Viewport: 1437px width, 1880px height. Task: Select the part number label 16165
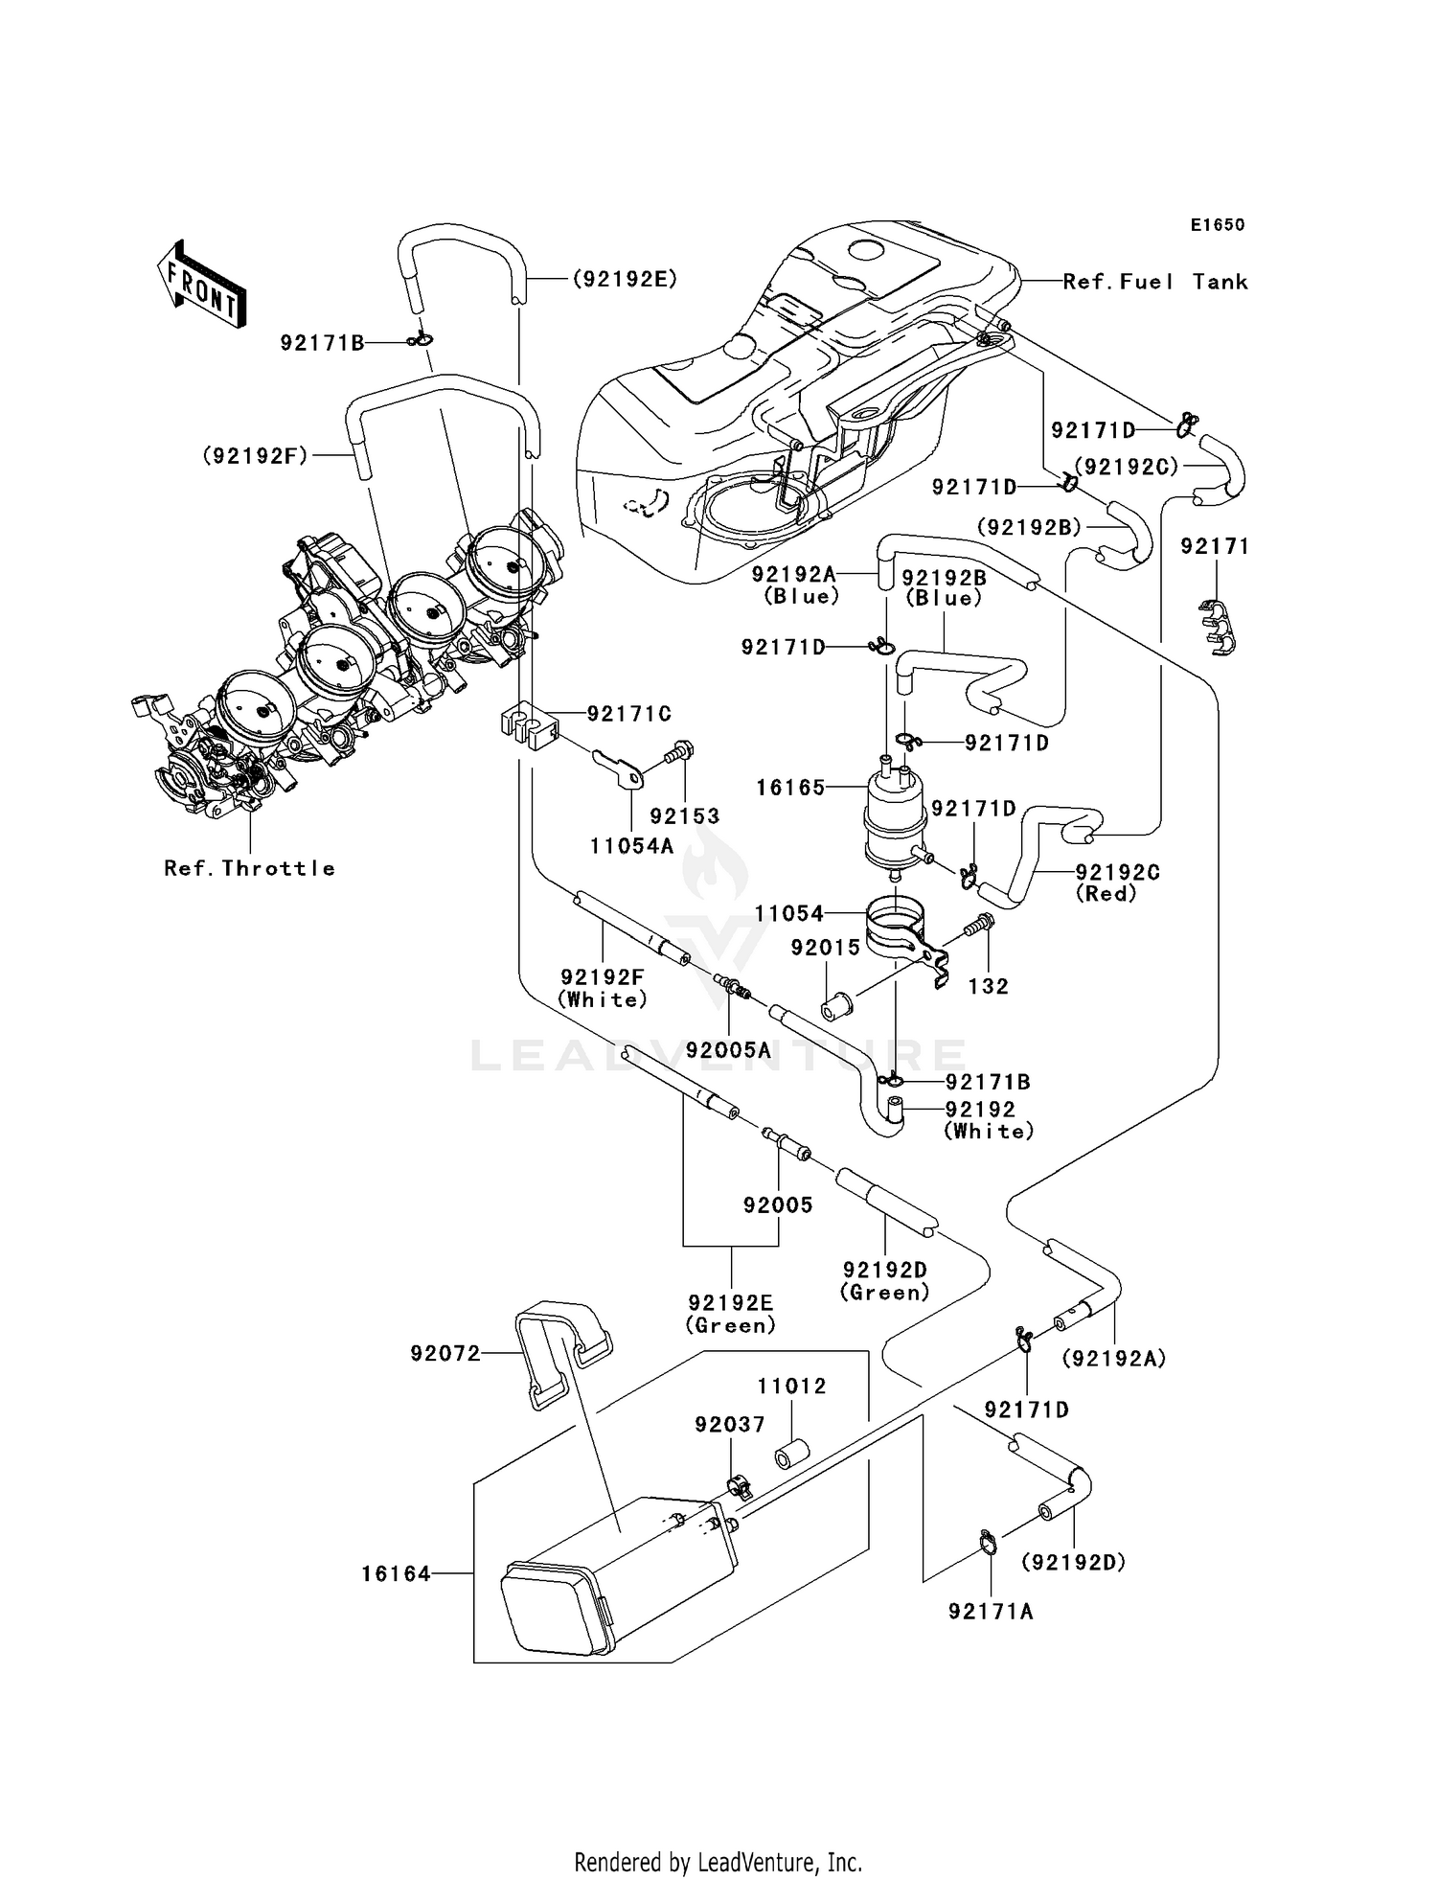pos(789,788)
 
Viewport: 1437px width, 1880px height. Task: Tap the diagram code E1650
pos(1217,225)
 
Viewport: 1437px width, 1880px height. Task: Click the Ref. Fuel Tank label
pos(1154,282)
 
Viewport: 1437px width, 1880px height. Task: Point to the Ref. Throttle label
pos(249,868)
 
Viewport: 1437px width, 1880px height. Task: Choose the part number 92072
pos(445,1353)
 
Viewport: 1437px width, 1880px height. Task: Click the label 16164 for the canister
pos(396,1573)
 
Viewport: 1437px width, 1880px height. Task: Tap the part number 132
pos(988,986)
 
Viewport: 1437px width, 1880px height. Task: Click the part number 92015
pos(825,948)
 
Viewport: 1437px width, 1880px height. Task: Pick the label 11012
pos(791,1387)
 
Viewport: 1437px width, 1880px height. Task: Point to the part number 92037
pos(730,1425)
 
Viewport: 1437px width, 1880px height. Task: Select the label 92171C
pos(628,714)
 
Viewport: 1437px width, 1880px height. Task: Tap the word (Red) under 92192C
pos(1106,893)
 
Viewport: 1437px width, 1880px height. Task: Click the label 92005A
pos(728,1049)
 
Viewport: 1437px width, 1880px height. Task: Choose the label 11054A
pos(631,846)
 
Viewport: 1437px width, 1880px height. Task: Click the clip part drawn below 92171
pos(1217,626)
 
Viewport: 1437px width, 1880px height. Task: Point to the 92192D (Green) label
pos(884,1281)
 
